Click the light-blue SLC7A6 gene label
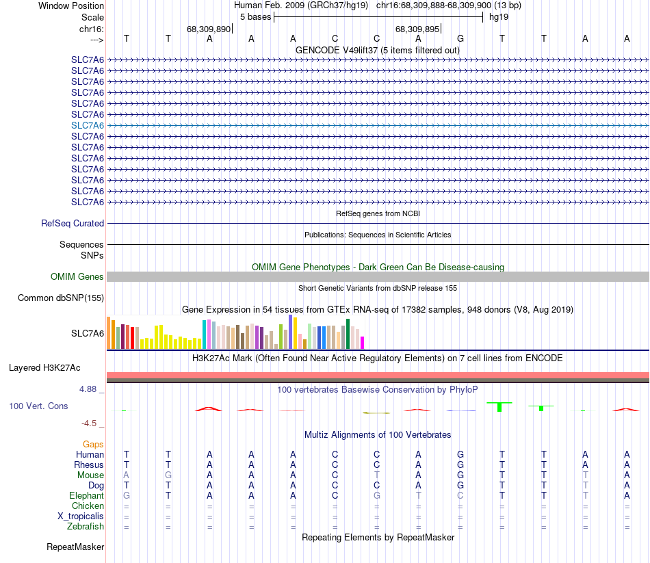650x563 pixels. coord(88,125)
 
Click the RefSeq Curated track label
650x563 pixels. coord(73,223)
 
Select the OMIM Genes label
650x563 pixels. coord(77,276)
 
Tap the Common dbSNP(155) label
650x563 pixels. coord(61,298)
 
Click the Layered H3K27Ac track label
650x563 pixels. coord(44,367)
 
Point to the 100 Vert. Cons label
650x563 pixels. coord(38,406)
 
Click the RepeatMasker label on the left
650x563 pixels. coord(75,547)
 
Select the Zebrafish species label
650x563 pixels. coord(86,526)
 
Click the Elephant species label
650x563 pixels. coord(86,495)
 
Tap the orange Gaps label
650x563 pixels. coord(93,444)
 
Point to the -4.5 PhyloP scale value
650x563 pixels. coord(90,423)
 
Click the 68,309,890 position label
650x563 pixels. coord(208,29)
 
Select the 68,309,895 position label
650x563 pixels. coord(417,29)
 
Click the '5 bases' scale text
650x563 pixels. coord(255,16)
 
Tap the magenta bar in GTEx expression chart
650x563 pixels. coord(363,342)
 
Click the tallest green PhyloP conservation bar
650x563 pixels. coord(499,406)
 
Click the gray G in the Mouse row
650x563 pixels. coord(168,475)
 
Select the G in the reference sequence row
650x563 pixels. coord(460,38)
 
